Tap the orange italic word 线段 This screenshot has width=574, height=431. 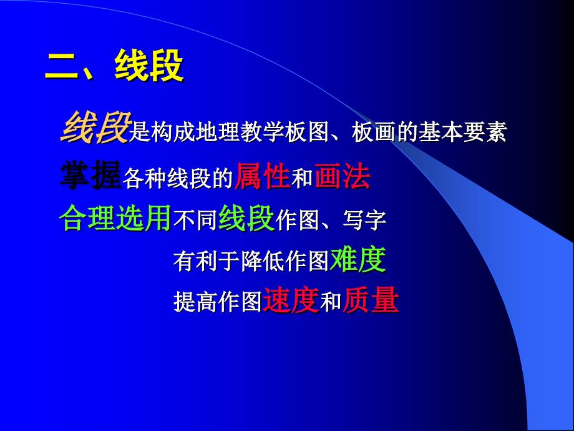tap(96, 127)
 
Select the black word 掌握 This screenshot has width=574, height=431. tap(90, 174)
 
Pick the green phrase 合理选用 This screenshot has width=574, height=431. tap(115, 218)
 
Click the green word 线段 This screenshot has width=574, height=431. tap(246, 218)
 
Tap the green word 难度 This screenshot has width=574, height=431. tap(358, 259)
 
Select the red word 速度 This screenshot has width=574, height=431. tap(291, 300)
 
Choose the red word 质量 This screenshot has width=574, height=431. tap(371, 300)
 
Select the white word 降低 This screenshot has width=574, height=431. tap(263, 261)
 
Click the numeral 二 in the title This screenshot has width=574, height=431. tap(62, 66)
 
